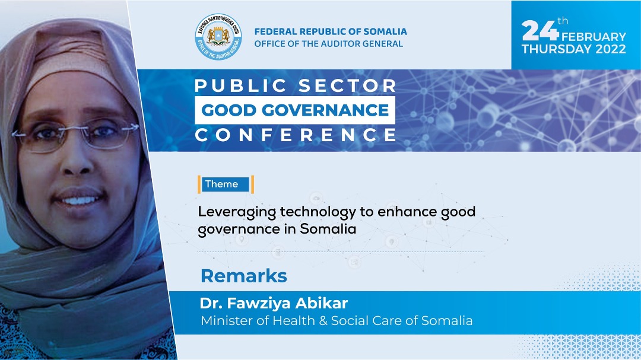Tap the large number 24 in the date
[x=540, y=30]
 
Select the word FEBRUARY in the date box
[x=594, y=37]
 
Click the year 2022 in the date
[x=610, y=49]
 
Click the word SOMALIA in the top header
[x=385, y=31]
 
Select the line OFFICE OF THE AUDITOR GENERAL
[x=329, y=44]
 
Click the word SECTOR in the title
[x=347, y=86]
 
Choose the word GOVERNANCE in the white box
[x=325, y=110]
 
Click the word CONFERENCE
[x=296, y=135]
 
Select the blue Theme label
[x=226, y=184]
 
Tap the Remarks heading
[x=244, y=276]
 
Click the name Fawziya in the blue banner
[x=259, y=304]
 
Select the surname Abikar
[x=321, y=303]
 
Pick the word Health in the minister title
[x=294, y=320]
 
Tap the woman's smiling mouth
[x=80, y=200]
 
